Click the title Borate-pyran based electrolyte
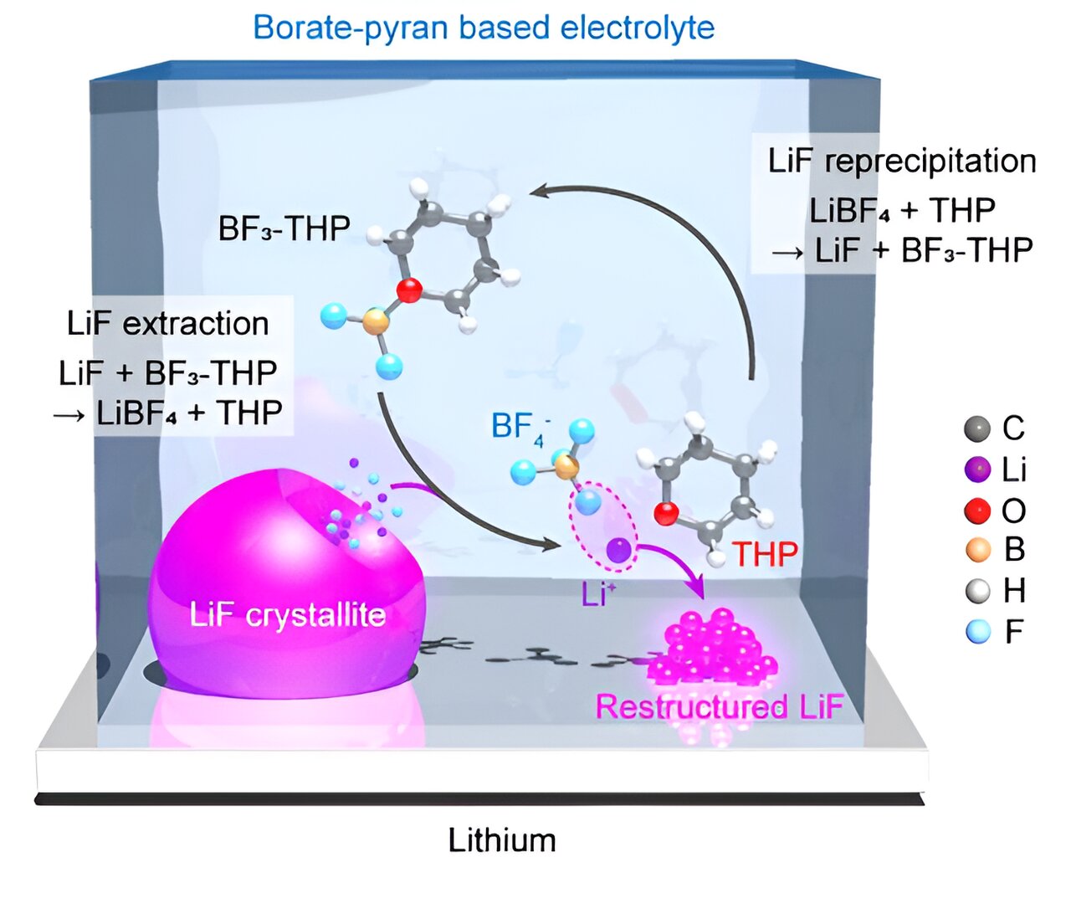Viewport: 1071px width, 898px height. coord(484,28)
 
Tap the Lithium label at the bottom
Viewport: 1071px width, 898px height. coord(501,839)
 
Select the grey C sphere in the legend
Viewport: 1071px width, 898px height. coord(976,429)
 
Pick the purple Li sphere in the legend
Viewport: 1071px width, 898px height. coord(976,470)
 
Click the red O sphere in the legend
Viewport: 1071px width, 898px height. coord(976,510)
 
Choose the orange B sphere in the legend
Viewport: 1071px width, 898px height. coord(976,550)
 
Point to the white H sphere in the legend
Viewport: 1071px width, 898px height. coord(976,591)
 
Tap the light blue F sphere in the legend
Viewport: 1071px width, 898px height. coord(976,631)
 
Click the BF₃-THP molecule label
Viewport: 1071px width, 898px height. coord(284,228)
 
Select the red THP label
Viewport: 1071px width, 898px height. coord(765,553)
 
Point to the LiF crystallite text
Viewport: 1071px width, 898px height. coord(287,615)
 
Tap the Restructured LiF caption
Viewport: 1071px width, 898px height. coord(718,707)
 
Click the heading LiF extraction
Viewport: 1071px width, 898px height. coord(168,323)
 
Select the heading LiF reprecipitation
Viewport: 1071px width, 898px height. coord(902,161)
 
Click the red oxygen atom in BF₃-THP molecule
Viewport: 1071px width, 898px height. coord(408,291)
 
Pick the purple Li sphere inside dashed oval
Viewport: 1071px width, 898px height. coord(617,550)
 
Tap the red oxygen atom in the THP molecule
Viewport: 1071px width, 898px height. coord(665,513)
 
